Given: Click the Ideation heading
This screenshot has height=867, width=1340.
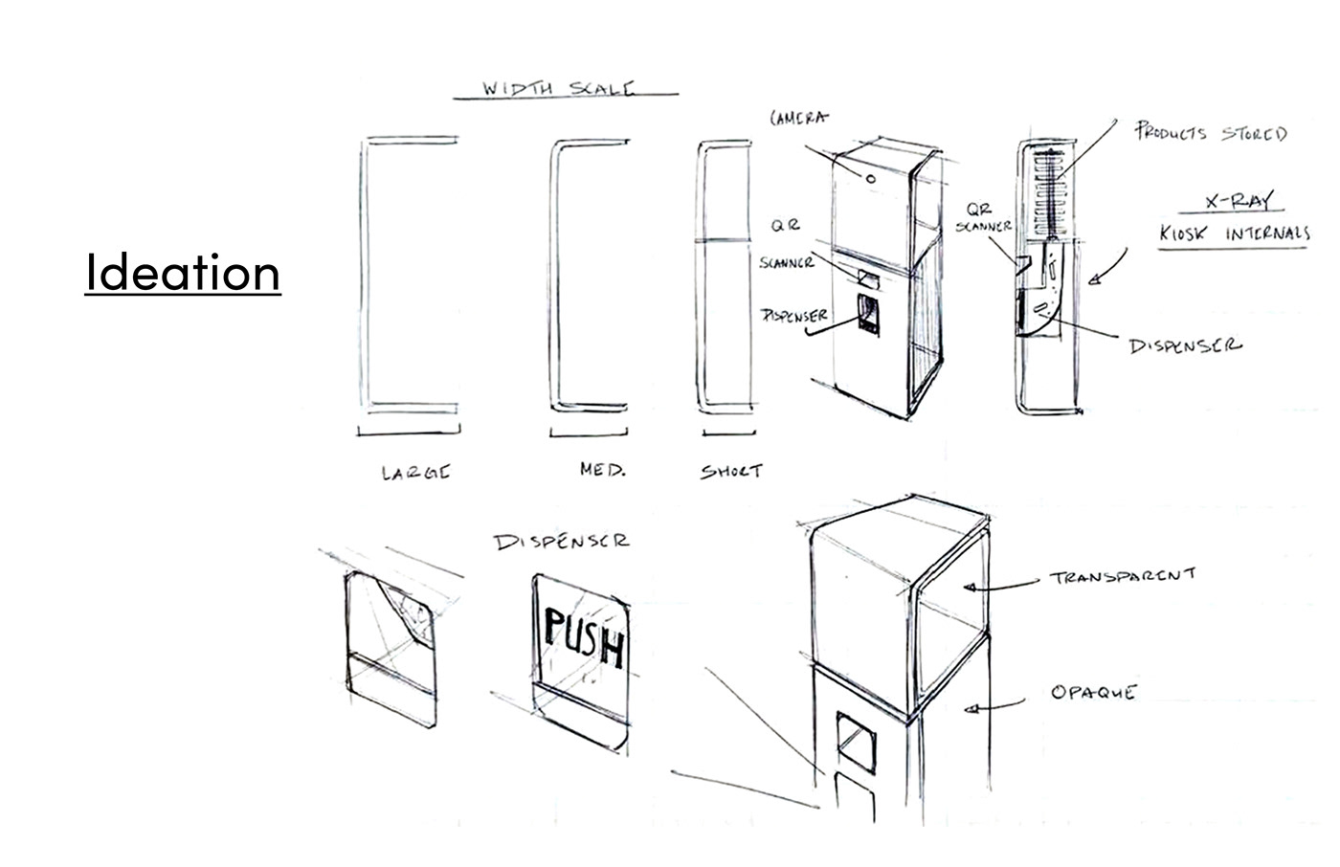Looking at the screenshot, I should click(x=182, y=273).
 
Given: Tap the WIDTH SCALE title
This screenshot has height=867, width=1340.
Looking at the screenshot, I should click(x=557, y=90).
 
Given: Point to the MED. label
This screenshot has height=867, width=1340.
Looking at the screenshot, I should click(x=602, y=471).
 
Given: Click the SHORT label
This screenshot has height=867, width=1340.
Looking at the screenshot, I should click(x=731, y=472).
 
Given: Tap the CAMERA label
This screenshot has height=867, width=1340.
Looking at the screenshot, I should click(x=799, y=119).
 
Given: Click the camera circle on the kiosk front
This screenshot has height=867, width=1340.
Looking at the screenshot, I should click(x=871, y=178).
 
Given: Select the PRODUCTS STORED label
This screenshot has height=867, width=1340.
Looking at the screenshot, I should click(x=1210, y=133).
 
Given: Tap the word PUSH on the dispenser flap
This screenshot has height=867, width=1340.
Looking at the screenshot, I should click(x=584, y=639).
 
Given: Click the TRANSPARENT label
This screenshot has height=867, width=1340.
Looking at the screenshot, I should click(x=1122, y=576).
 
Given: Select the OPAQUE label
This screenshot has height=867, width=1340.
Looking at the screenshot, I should click(x=1092, y=691).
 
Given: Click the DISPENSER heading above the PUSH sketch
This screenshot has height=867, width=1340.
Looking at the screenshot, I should click(x=562, y=542).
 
